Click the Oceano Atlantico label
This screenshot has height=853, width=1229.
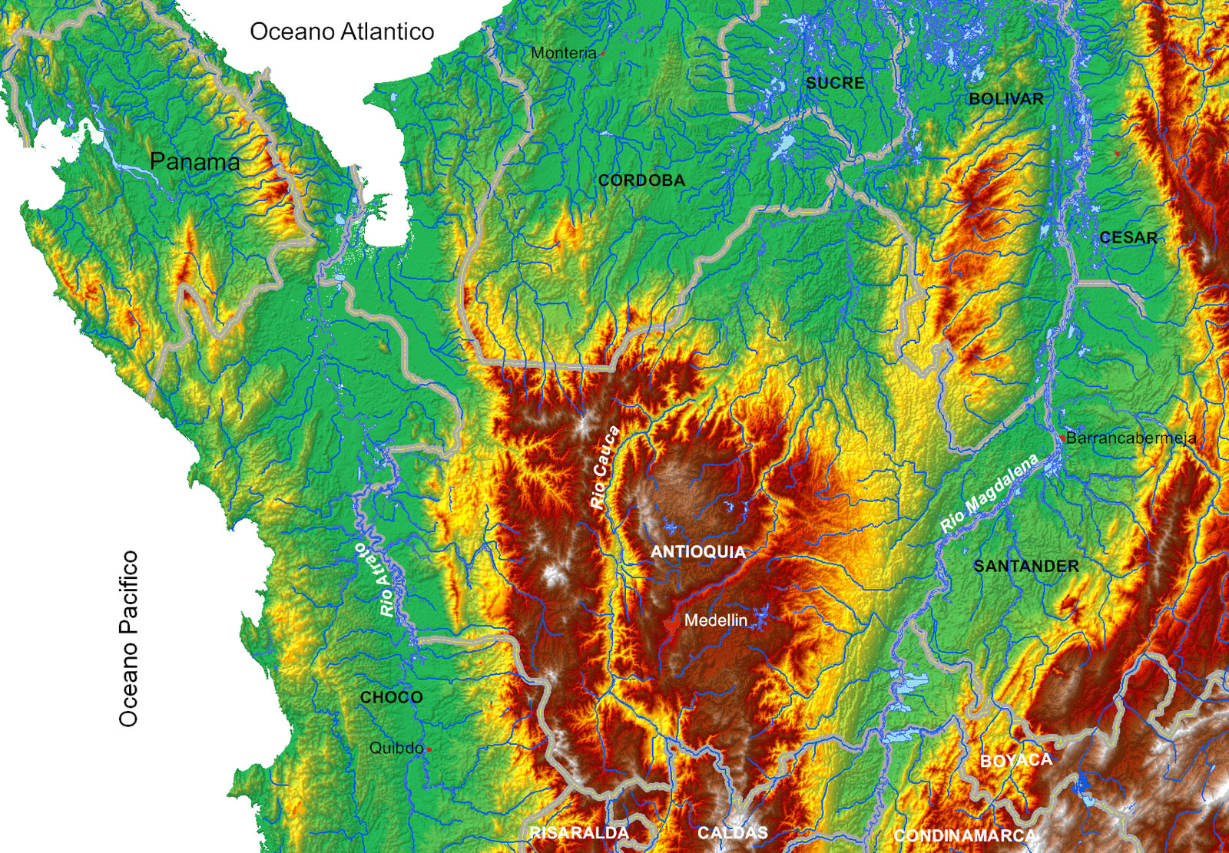tap(342, 31)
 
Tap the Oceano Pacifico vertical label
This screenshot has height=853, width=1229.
tap(129, 639)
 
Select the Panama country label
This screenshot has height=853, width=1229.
tap(194, 161)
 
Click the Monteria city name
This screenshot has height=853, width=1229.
tap(563, 53)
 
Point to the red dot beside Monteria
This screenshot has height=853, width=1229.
tap(604, 54)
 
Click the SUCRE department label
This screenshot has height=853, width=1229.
tap(835, 83)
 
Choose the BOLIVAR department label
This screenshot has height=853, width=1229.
tap(1005, 99)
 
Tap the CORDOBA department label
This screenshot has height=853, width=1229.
tap(641, 180)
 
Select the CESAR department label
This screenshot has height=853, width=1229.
tap(1128, 238)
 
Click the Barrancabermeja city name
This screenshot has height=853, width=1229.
tap(1131, 438)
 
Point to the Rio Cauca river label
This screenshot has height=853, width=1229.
tap(605, 468)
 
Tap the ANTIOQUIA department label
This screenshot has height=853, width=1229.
tap(697, 552)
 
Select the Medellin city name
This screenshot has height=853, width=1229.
tap(715, 620)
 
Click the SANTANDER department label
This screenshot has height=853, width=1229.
tap(1025, 567)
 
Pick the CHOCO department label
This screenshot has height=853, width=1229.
tap(391, 697)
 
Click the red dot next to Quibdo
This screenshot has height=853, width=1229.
tap(429, 749)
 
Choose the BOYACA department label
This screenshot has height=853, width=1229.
tap(1015, 761)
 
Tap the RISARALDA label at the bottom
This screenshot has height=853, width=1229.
tap(579, 833)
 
